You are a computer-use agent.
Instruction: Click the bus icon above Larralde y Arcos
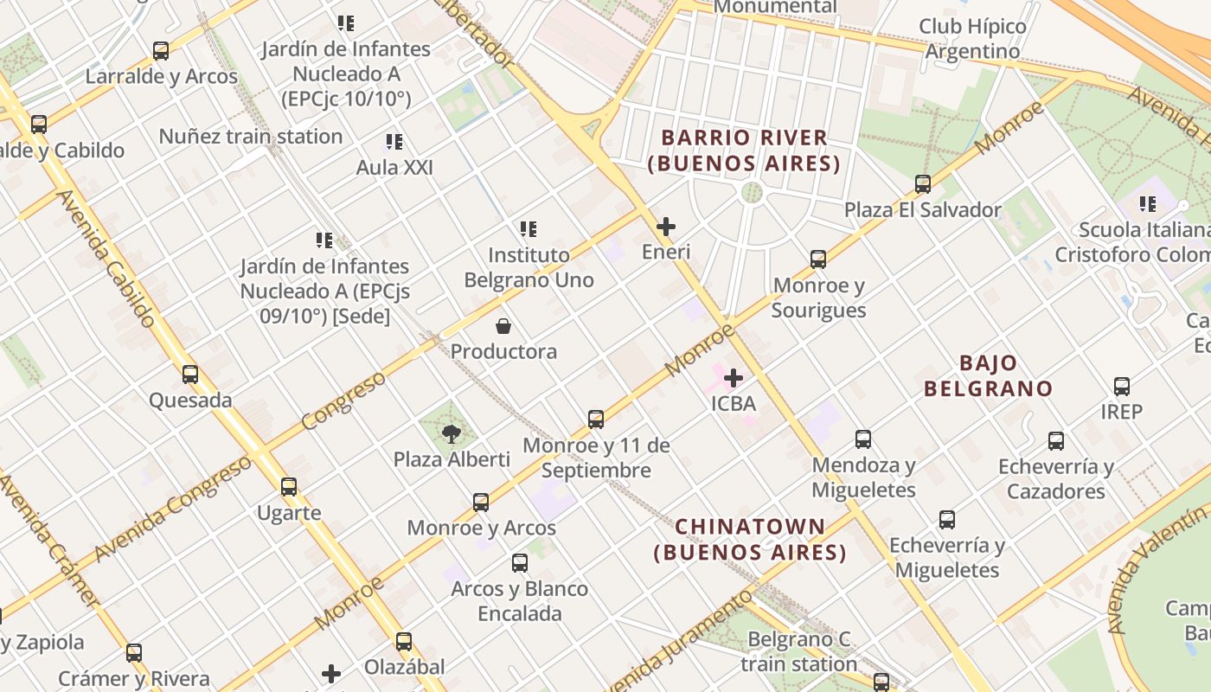coord(161,51)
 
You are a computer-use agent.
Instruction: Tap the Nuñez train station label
coord(251,137)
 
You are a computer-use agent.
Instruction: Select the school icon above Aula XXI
coord(394,142)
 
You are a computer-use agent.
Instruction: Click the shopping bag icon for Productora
coord(503,326)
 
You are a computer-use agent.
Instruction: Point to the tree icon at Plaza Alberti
coord(452,433)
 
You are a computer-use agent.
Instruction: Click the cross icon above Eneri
coord(666,227)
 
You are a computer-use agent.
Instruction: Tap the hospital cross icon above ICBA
coord(734,378)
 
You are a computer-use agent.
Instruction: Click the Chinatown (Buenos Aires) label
coord(750,539)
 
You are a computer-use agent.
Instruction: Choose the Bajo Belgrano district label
coord(988,375)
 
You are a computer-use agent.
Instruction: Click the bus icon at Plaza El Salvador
coord(923,184)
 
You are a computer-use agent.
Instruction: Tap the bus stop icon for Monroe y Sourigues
coord(818,259)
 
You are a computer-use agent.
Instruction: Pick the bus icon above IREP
coord(1122,387)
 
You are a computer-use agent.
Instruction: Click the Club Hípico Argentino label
coord(972,39)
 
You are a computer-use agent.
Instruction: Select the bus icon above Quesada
coord(190,375)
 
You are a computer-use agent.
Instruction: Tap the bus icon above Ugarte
coord(289,487)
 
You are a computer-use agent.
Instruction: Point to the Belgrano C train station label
coord(798,652)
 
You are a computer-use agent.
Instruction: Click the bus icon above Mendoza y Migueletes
coord(863,439)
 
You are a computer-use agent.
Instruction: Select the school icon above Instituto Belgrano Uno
coord(529,229)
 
